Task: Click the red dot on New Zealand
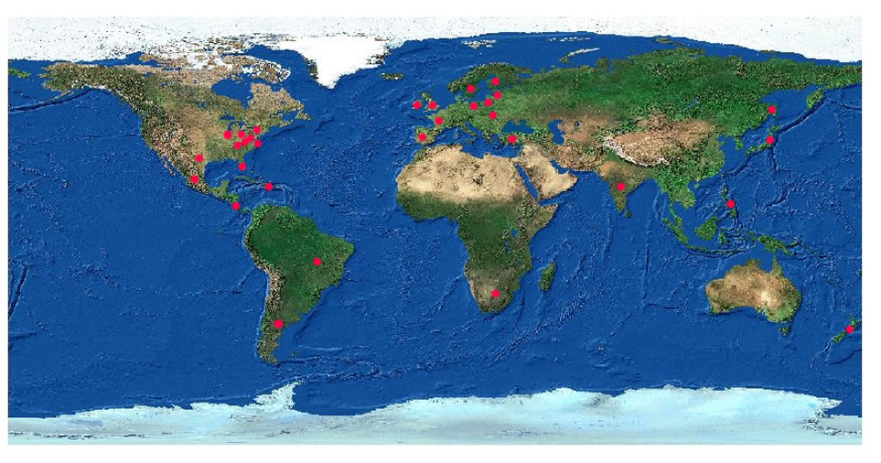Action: tap(849, 328)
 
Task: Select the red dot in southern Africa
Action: tap(495, 294)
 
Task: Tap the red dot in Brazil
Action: tap(317, 262)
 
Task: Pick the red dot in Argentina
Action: tap(278, 323)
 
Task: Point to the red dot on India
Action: tap(621, 187)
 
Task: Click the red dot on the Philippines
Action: tap(731, 203)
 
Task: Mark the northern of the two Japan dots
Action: tap(772, 110)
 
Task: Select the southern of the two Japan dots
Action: tap(771, 140)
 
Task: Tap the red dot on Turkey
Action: tap(512, 139)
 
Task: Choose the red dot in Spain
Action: tap(423, 137)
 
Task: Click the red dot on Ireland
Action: tap(417, 104)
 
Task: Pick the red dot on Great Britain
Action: tap(433, 104)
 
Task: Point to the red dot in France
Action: tap(439, 120)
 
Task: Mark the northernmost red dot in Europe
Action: tap(496, 81)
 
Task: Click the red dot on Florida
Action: tap(242, 167)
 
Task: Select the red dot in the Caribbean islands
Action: tap(269, 187)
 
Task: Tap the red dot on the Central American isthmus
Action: tap(236, 206)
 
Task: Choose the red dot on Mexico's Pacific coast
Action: tap(195, 178)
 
